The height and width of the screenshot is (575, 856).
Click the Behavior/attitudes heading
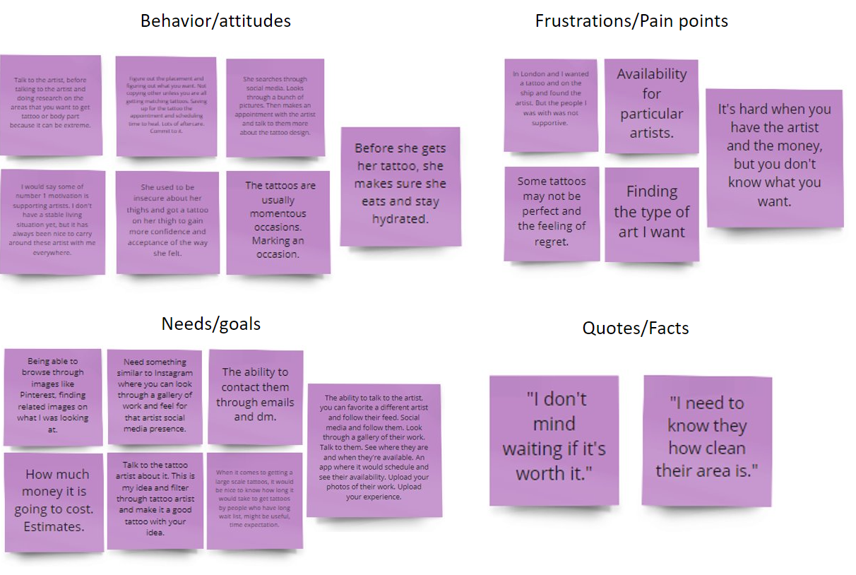(215, 21)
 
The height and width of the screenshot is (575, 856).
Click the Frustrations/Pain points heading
(631, 21)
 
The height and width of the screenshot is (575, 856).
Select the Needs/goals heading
(211, 324)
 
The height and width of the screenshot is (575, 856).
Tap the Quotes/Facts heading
(635, 328)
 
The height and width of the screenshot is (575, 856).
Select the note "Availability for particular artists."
(651, 104)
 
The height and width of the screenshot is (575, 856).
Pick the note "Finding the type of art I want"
(651, 212)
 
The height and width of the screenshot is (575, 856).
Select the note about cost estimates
(53, 501)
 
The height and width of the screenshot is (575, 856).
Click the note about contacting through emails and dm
(256, 394)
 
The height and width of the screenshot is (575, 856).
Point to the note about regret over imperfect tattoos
(551, 212)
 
